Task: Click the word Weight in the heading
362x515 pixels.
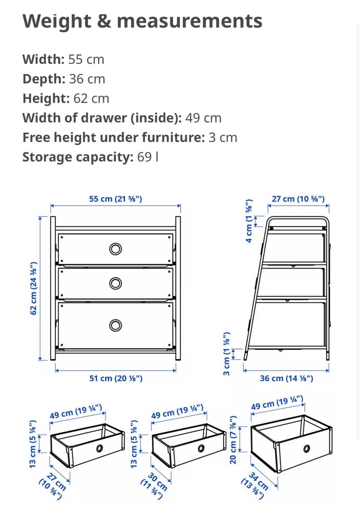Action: [57, 21]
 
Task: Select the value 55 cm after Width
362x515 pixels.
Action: [86, 59]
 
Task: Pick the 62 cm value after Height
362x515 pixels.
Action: [91, 99]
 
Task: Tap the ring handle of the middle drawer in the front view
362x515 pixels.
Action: [115, 284]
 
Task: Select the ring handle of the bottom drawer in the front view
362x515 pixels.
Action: [115, 325]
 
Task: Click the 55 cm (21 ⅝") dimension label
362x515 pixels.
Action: [116, 199]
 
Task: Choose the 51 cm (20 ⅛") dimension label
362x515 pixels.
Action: [116, 378]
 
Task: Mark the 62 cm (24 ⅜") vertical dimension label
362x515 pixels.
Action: [34, 288]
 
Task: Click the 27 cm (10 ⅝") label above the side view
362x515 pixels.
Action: [298, 199]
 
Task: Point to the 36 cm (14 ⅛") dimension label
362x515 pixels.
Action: [287, 378]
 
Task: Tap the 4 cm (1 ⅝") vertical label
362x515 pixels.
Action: [249, 221]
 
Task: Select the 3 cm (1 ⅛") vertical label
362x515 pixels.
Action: [227, 354]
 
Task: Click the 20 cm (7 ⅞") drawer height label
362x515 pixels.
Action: [233, 440]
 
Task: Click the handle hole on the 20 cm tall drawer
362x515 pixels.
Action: [307, 448]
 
